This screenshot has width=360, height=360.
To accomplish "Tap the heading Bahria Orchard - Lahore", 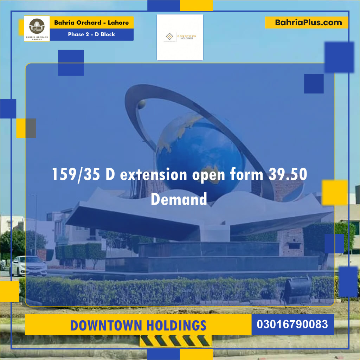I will point(91,23).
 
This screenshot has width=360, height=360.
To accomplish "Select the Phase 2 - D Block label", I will point(91,34).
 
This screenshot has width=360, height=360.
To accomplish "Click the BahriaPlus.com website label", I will point(308,23).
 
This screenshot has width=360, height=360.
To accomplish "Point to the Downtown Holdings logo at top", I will point(180,37).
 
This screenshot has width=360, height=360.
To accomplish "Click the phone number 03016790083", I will point(292,324).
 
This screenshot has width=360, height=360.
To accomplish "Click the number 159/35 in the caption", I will point(76,175).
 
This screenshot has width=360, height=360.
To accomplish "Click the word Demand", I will point(179,199).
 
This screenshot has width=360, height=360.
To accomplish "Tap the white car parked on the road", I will point(28,265).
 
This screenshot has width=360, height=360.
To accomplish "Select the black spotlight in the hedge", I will point(298,290).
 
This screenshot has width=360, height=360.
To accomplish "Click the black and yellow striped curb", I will point(176,340).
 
